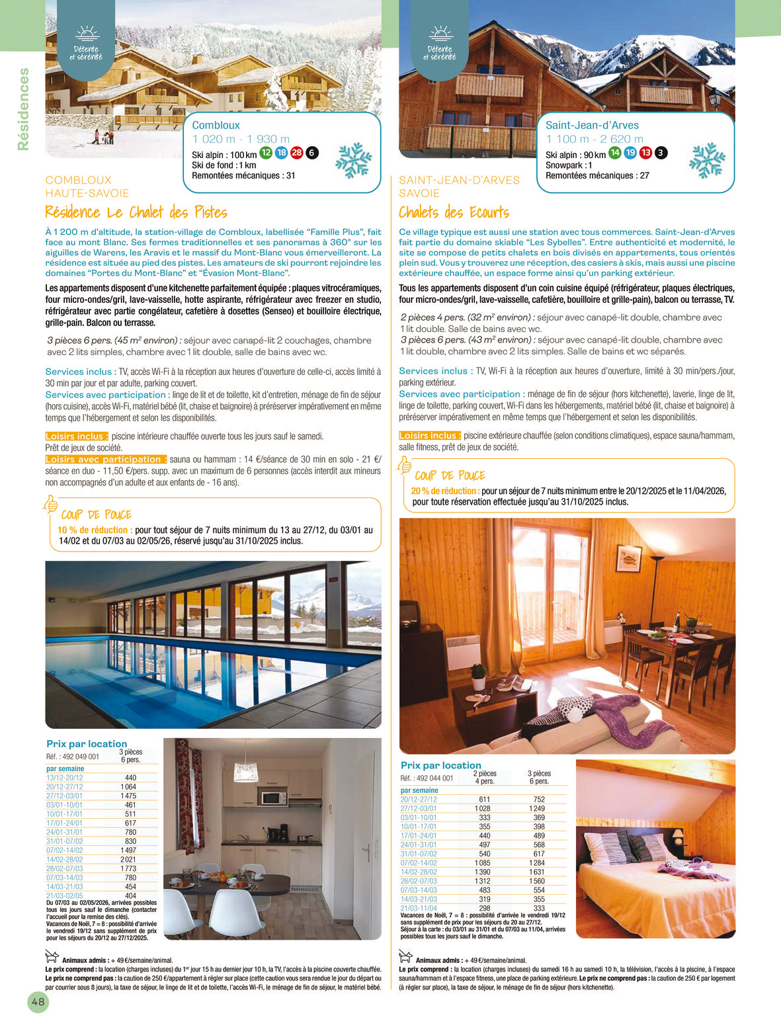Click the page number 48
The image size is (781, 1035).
tap(38, 1002)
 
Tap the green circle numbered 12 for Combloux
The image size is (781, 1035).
tap(266, 153)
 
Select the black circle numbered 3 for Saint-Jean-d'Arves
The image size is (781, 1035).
tap(660, 153)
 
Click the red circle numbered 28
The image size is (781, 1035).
tap(296, 153)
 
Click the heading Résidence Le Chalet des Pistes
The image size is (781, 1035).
tap(136, 212)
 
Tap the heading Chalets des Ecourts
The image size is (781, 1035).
tap(454, 212)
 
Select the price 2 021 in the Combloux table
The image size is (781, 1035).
tap(128, 860)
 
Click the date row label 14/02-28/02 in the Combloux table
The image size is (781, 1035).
tap(64, 860)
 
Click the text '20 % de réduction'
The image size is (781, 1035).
tap(444, 491)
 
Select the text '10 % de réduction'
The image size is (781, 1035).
tap(94, 530)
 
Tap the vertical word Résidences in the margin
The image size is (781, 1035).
tap(24, 109)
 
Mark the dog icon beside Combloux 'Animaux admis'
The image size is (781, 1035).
tap(52, 956)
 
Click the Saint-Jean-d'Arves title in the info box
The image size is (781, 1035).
tap(592, 125)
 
